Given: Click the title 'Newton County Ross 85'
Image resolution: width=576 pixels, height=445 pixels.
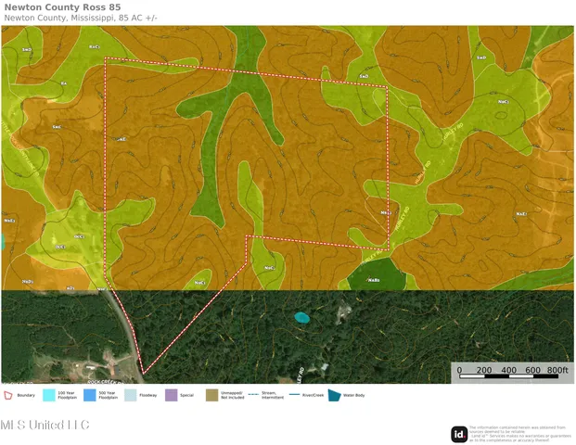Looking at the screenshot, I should [x=62, y=6].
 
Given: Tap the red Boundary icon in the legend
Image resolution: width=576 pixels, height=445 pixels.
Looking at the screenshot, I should [x=8, y=395].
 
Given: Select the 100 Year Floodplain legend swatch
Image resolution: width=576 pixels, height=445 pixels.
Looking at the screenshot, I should [x=49, y=395].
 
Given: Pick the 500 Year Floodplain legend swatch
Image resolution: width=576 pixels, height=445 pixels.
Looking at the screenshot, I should [x=90, y=395].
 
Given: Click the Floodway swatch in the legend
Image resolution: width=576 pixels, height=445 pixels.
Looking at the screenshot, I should [x=131, y=395].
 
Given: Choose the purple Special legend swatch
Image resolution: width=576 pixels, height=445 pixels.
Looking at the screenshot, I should [x=171, y=395].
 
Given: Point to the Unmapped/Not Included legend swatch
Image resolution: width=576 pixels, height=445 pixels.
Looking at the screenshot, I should [x=211, y=395].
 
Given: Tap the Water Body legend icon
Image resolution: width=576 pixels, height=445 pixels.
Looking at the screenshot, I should [x=335, y=395].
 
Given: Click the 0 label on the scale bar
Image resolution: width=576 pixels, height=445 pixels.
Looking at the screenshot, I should [x=458, y=370].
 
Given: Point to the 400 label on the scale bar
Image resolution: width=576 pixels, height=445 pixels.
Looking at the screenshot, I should [x=508, y=370].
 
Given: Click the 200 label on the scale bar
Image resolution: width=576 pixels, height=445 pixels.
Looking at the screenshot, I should [x=483, y=370].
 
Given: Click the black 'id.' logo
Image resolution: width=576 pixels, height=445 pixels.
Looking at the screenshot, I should [x=459, y=434].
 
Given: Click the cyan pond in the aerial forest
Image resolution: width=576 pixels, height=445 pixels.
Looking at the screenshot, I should [x=301, y=317].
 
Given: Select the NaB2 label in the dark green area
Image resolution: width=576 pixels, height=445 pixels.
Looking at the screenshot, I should [x=374, y=279].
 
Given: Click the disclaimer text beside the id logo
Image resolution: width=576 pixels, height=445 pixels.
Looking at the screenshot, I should [x=519, y=433].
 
